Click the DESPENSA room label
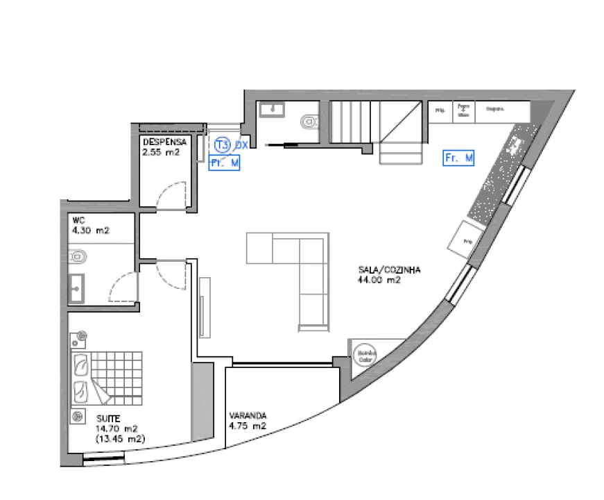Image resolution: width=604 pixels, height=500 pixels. [164, 141]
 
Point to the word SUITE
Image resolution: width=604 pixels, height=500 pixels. [108, 419]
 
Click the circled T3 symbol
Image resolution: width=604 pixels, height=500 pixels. [222, 145]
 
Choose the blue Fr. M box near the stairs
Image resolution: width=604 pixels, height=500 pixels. [458, 159]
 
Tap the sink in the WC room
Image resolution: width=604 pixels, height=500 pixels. [77, 288]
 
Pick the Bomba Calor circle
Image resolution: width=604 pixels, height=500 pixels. [365, 356]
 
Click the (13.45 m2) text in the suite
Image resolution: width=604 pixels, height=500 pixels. [119, 439]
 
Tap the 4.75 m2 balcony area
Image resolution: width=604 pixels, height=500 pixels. [248, 426]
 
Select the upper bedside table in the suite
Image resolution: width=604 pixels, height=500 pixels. [82, 337]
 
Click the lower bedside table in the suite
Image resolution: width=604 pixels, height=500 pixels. [76, 417]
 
